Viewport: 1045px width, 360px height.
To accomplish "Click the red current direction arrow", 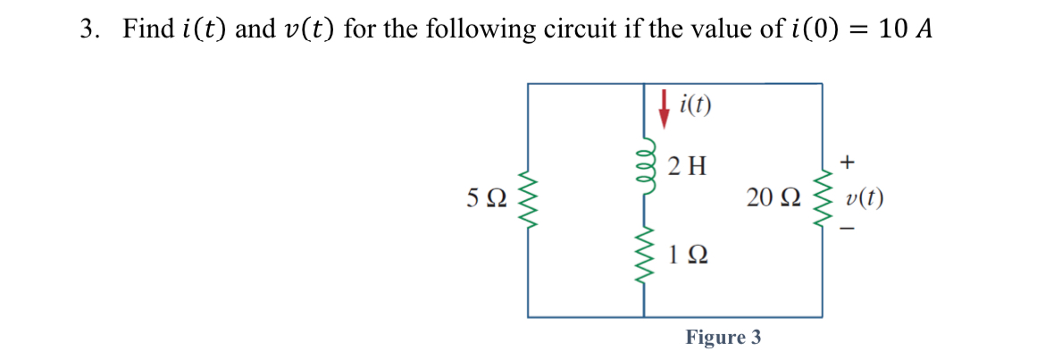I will (663, 106).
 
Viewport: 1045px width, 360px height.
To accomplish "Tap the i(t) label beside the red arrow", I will (695, 105).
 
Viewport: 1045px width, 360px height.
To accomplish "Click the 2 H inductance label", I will (687, 165).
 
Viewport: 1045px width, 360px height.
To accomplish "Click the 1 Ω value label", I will (688, 256).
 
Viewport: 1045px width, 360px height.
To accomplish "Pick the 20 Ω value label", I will (768, 198).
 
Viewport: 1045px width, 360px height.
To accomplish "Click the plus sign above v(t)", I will (849, 163).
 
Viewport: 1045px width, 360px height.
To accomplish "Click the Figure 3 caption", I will (723, 338).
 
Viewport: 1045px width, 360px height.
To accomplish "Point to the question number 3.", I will (88, 29).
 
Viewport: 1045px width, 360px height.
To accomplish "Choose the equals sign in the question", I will (858, 30).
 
